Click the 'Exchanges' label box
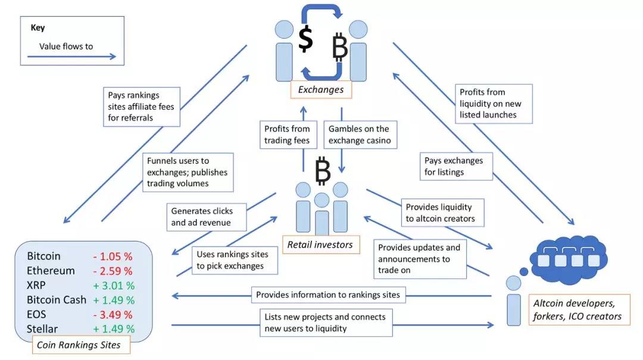point(321,90)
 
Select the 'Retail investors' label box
point(320,244)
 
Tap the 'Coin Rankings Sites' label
point(79,345)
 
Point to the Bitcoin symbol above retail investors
point(323,170)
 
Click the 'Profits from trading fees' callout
point(288,135)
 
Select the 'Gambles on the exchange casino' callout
point(358,135)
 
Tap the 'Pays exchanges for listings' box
point(457,167)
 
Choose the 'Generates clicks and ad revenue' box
point(202,217)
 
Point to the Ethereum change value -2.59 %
point(113,271)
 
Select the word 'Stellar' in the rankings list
point(42,328)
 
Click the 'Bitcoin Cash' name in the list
point(57,299)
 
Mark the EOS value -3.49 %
point(113,314)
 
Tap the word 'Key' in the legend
point(38,27)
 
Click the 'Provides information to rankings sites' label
point(328,295)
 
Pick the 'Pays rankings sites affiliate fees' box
point(142,107)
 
